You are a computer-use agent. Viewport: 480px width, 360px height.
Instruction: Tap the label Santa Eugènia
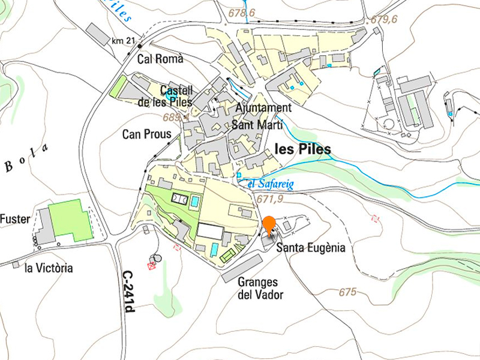[311, 247]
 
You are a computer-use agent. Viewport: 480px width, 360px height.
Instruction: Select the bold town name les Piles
[302, 149]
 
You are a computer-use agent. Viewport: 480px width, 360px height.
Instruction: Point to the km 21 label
[123, 41]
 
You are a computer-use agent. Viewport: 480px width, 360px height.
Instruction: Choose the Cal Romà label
[160, 59]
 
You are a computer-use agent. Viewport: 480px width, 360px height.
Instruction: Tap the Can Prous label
[146, 133]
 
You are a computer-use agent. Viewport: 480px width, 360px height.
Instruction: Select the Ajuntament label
[263, 108]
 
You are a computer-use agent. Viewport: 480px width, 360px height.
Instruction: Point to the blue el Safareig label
[270, 184]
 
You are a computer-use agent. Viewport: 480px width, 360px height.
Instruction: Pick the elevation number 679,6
[384, 19]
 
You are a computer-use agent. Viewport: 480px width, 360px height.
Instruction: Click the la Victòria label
[49, 268]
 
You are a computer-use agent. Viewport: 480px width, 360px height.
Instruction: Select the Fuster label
[15, 219]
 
